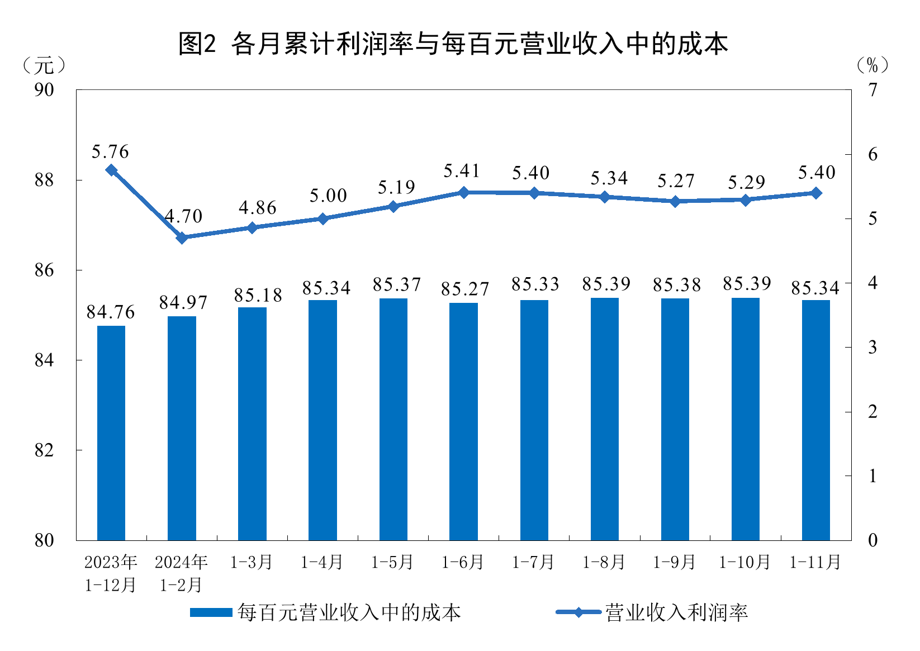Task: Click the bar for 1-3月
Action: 252,424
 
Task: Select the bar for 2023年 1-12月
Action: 111,433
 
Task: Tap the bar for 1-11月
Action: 815,420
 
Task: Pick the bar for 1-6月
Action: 463,421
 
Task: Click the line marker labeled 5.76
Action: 111,170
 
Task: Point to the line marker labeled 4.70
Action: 182,237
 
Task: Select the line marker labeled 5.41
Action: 463,192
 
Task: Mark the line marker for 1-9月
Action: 675,201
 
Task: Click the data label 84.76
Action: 111,312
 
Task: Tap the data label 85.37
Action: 396,284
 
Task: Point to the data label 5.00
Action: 328,196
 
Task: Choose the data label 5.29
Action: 746,182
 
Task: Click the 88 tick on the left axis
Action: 44,180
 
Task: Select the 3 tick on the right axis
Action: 872,347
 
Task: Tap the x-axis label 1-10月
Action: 744,562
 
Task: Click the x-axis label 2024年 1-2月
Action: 182,573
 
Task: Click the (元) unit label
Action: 44,65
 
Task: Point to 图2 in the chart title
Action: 197,44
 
